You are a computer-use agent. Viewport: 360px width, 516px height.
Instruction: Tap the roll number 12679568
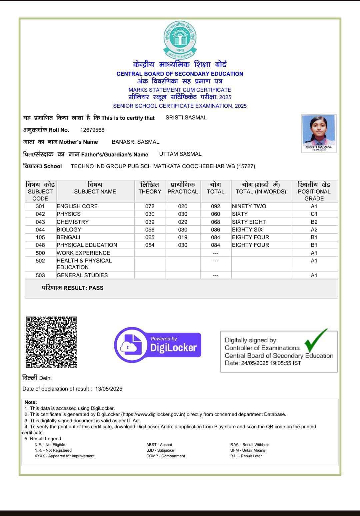pos(92,130)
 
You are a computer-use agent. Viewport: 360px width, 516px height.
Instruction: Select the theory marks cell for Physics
pos(150,214)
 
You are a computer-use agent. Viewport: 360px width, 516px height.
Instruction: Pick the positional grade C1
pos(314,214)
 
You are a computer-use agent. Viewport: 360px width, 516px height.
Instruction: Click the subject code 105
pos(40,237)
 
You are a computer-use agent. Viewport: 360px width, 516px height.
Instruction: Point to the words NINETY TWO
pos(249,206)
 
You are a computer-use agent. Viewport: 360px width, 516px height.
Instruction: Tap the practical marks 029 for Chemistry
pos(183,222)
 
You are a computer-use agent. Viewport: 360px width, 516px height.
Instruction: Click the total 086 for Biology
pos(216,230)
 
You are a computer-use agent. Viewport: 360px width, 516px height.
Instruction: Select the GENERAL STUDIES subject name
pos(82,276)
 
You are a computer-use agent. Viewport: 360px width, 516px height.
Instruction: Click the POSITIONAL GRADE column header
pos(314,191)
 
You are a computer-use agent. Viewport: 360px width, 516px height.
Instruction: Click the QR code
pos(52,342)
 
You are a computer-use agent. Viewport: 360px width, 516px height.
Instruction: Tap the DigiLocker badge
pos(158,345)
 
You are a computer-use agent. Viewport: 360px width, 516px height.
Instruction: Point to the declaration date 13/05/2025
pos(109,389)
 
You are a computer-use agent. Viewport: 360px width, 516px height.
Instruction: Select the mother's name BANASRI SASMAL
pos(135,142)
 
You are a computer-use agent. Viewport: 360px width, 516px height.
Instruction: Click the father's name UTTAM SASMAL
pos(180,154)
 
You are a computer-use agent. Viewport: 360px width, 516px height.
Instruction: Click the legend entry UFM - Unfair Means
pos(248,450)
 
